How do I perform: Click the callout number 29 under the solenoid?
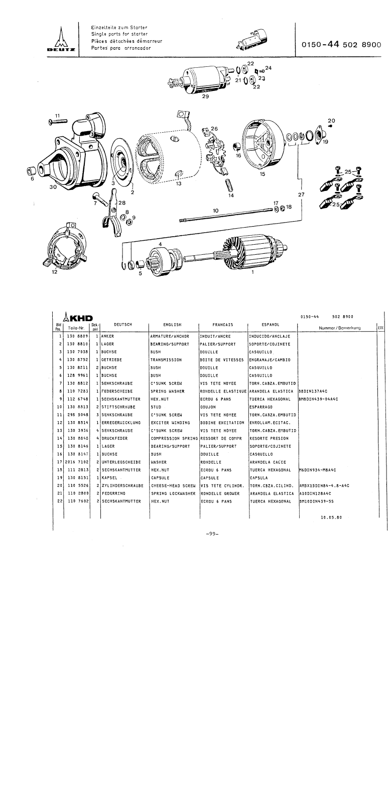click(x=205, y=97)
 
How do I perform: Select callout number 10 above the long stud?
click(x=215, y=211)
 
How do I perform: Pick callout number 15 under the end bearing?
click(x=263, y=174)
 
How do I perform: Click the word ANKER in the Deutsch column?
click(x=108, y=336)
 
